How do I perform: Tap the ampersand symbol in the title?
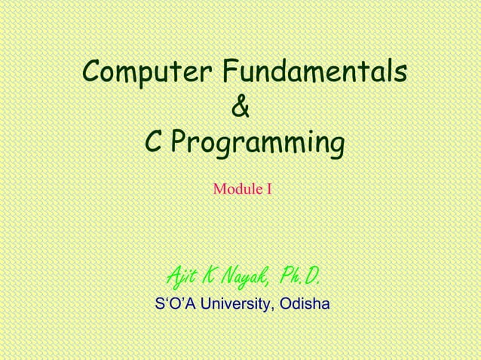tap(240, 108)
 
